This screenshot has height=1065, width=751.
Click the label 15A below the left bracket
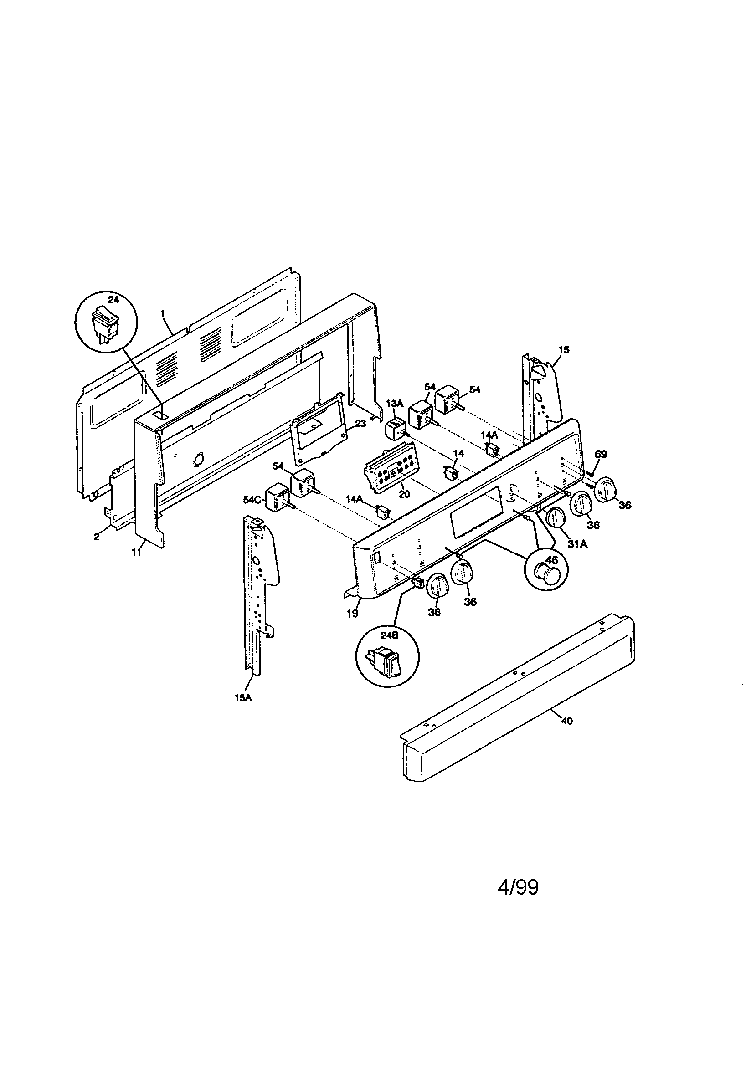point(243,710)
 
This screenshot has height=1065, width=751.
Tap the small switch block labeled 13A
point(396,428)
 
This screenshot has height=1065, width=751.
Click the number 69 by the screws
point(601,454)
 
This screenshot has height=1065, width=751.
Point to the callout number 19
point(352,614)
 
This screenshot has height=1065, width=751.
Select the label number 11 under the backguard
point(136,553)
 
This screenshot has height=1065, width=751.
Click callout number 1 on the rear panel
point(162,314)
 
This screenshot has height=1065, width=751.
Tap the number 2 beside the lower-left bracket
point(97,537)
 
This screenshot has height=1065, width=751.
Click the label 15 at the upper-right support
point(564,350)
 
